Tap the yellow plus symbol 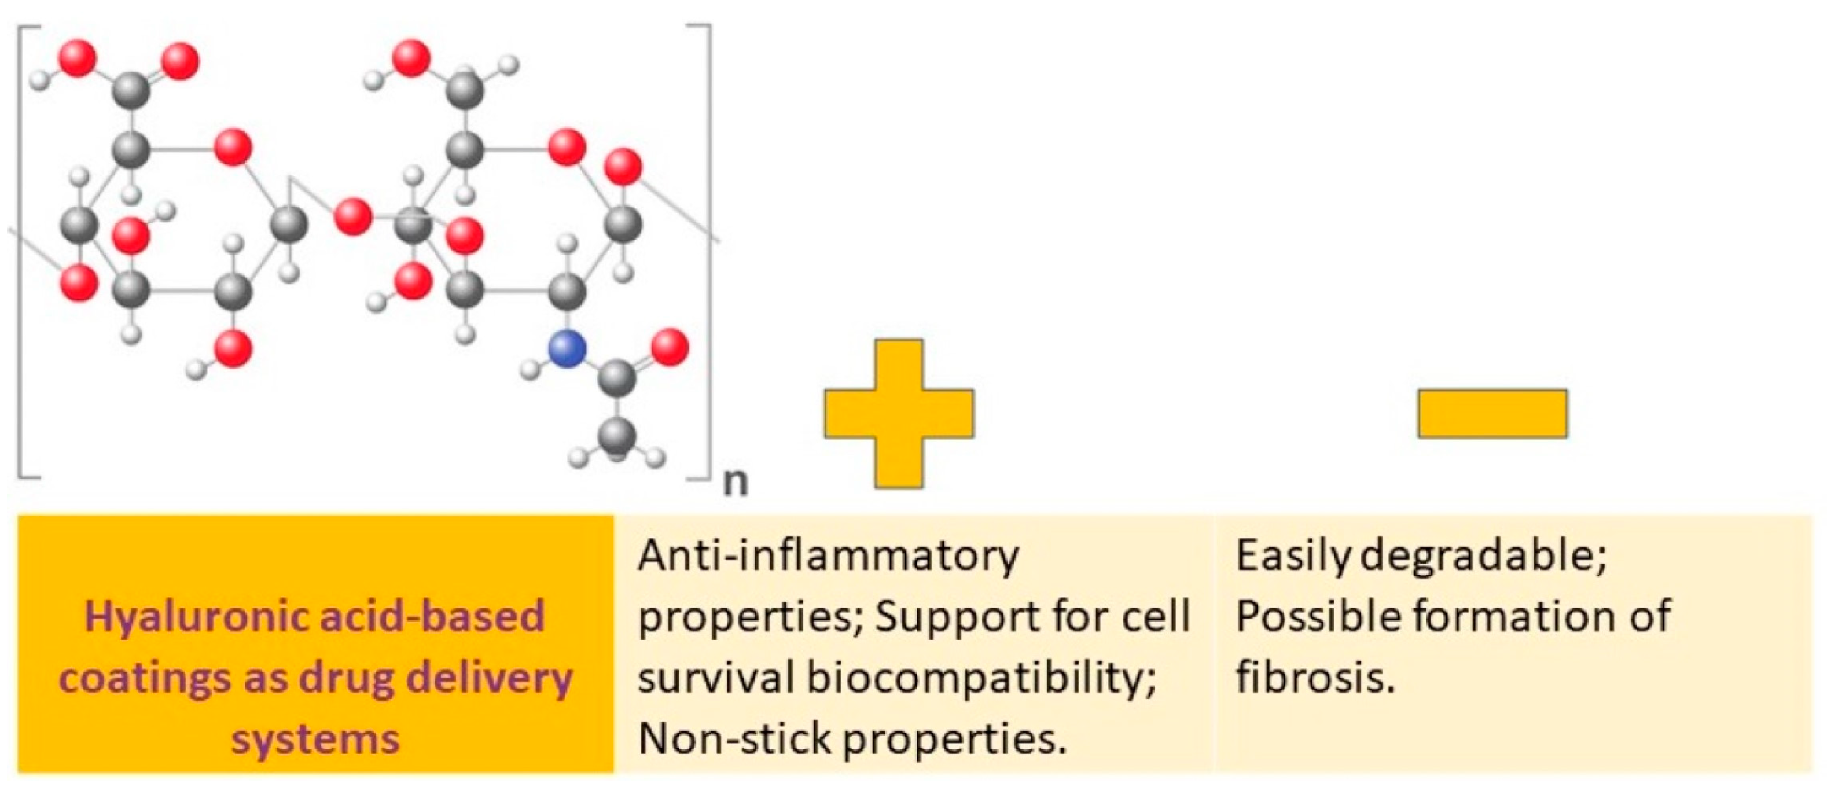[x=899, y=414]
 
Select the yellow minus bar [x=1492, y=414]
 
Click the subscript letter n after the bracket [x=735, y=483]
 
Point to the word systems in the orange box [x=315, y=739]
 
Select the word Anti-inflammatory [x=828, y=555]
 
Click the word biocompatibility [x=981, y=677]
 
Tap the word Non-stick [x=734, y=738]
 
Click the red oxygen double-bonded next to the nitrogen [x=670, y=347]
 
